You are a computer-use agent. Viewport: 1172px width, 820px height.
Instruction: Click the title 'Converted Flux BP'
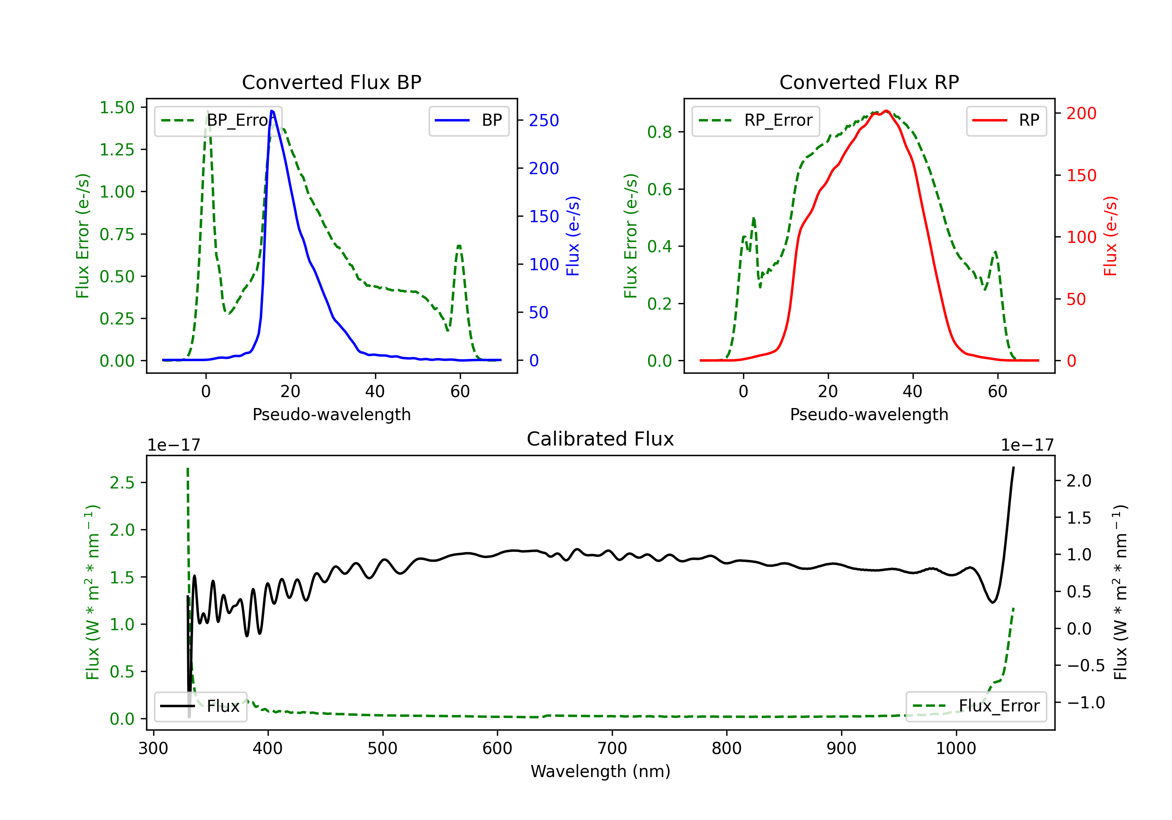(331, 82)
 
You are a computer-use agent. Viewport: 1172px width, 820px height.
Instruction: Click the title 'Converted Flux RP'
(869, 82)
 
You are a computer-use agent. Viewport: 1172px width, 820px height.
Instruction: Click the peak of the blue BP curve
(272, 111)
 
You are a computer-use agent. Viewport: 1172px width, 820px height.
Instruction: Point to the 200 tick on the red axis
(1081, 113)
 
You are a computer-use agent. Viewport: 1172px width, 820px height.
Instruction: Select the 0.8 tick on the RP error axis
(659, 132)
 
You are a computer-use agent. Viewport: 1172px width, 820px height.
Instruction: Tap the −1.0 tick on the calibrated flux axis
(1085, 702)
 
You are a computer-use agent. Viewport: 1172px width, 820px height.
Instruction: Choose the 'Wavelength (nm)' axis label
(600, 771)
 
